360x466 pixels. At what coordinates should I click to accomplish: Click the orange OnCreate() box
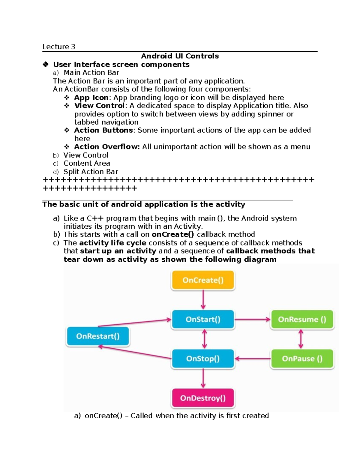pyautogui.click(x=203, y=280)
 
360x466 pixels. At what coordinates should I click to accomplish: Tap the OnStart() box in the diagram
pyautogui.click(x=203, y=319)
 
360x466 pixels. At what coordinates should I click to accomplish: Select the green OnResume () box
pyautogui.click(x=302, y=319)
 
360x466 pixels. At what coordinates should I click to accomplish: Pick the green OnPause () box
pyautogui.click(x=302, y=359)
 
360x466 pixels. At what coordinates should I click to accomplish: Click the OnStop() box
pyautogui.click(x=203, y=359)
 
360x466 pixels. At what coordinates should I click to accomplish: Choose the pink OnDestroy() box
pyautogui.click(x=203, y=398)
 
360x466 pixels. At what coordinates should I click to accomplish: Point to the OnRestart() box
pyautogui.click(x=98, y=336)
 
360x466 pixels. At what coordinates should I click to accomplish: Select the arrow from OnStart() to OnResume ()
pyautogui.click(x=252, y=319)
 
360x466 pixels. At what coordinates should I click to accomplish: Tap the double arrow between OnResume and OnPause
pyautogui.click(x=301, y=339)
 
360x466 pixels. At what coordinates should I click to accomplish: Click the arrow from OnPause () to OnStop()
pyautogui.click(x=253, y=359)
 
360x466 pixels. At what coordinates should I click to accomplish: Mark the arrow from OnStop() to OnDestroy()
pyautogui.click(x=203, y=378)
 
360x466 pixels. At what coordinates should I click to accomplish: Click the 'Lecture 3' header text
pyautogui.click(x=59, y=47)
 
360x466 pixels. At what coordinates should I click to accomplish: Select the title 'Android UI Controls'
pyautogui.click(x=180, y=56)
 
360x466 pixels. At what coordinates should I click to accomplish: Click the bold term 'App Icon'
pyautogui.click(x=91, y=98)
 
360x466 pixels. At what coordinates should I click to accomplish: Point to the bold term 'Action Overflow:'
pyautogui.click(x=107, y=147)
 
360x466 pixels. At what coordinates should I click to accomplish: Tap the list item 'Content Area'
pyautogui.click(x=87, y=163)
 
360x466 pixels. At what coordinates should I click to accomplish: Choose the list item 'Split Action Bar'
pyautogui.click(x=91, y=172)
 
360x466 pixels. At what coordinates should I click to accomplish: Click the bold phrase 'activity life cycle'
pyautogui.click(x=113, y=243)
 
